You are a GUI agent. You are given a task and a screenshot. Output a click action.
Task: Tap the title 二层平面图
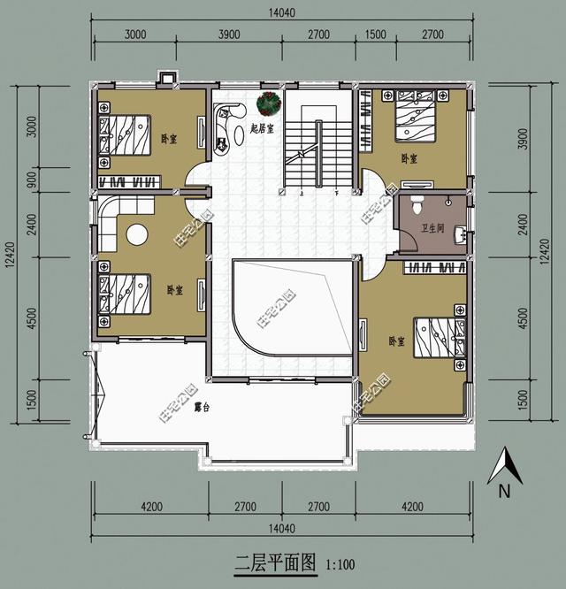coord(274,562)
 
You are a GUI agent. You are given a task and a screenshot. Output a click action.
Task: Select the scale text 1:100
coord(340,563)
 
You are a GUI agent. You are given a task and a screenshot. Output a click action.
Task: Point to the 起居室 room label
coord(262,128)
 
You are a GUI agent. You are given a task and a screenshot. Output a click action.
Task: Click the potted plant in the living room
coord(268,104)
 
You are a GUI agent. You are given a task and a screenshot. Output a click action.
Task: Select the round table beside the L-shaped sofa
coord(136,234)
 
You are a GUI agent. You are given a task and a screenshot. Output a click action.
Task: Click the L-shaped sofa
coord(111,221)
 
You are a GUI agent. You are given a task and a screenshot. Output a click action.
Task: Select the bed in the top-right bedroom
coord(411,119)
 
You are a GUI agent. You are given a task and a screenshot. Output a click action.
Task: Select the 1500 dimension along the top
coord(376,34)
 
